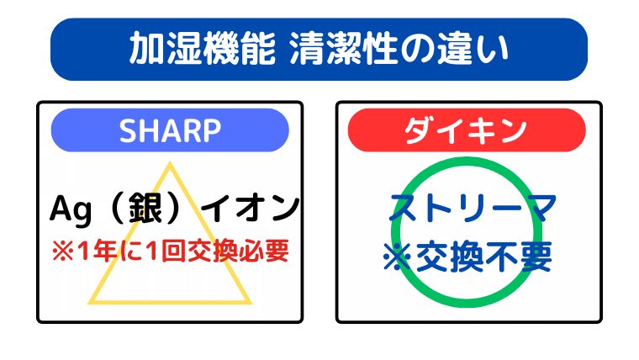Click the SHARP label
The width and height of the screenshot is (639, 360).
click(x=170, y=130)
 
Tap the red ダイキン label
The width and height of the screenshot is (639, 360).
click(x=467, y=130)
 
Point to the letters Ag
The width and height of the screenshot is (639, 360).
click(x=70, y=206)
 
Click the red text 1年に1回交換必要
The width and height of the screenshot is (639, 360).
click(x=179, y=250)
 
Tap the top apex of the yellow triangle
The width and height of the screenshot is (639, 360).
click(x=170, y=163)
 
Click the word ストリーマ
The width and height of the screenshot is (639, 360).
click(x=469, y=206)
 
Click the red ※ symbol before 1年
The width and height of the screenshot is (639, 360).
click(x=61, y=250)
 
